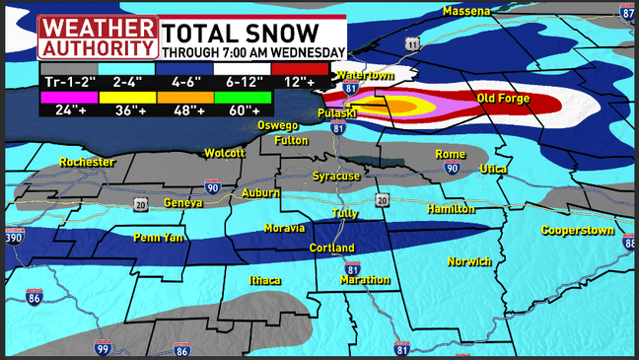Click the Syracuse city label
click(x=336, y=176)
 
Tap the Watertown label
click(x=365, y=75)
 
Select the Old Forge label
click(x=504, y=99)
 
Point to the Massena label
click(x=466, y=11)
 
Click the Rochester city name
click(x=87, y=162)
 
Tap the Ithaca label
click(x=265, y=280)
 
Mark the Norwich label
click(x=469, y=261)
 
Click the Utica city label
click(x=493, y=170)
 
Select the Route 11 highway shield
click(x=411, y=43)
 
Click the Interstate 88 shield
click(x=630, y=243)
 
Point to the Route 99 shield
click(x=103, y=347)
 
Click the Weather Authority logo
click(x=97, y=36)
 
